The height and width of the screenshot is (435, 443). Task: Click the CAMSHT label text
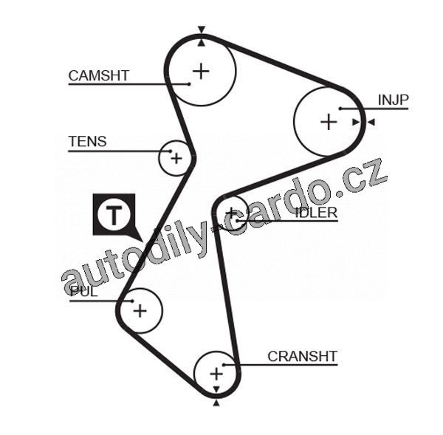[x=98, y=75]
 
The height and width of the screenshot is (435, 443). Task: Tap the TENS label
[x=87, y=142]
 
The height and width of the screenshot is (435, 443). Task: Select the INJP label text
[x=393, y=100]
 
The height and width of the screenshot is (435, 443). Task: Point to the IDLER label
[x=316, y=213]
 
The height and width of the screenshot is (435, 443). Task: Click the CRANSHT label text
[x=302, y=356]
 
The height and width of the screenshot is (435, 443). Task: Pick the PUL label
[x=83, y=291]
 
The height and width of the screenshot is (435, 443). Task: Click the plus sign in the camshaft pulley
[x=201, y=71]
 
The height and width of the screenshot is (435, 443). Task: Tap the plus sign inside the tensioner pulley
[x=176, y=157]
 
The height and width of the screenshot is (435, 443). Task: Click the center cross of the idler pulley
[x=233, y=213]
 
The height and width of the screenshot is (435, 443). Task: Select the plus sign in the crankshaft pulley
[x=216, y=374]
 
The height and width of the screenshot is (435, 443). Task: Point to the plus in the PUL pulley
[x=140, y=311]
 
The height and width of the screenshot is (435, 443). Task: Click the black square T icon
[x=114, y=215]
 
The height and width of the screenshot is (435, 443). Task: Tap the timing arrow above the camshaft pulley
[x=201, y=31]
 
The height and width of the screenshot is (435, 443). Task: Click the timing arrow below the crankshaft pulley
[x=216, y=403]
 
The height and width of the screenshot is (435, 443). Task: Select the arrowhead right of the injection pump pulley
[x=371, y=122]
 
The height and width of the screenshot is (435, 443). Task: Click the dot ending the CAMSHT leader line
[x=190, y=84]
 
